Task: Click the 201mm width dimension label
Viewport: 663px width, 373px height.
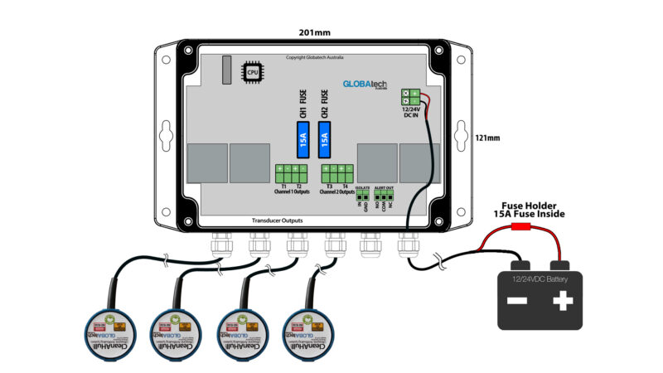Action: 314,33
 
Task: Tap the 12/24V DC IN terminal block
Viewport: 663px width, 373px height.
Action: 410,97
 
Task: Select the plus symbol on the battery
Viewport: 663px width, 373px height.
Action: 563,300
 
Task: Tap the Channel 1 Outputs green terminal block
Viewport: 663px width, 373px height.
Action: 291,174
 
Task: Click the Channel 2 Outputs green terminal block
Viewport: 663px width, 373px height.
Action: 336,174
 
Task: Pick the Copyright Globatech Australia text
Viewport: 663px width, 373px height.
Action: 314,57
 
